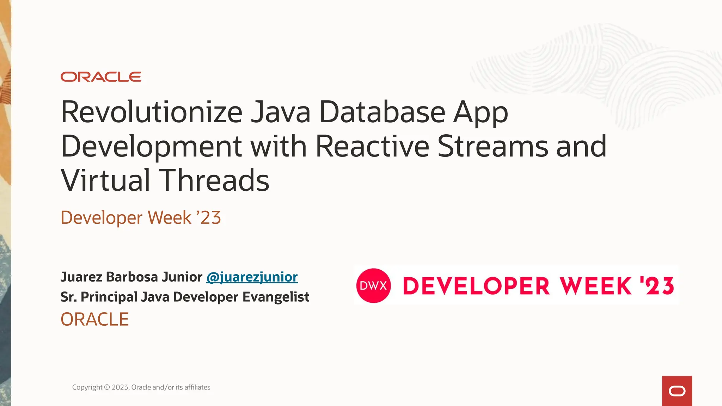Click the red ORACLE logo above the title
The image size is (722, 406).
click(101, 77)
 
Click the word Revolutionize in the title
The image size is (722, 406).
click(152, 112)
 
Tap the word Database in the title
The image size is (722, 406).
click(382, 112)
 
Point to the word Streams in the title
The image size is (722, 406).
click(493, 146)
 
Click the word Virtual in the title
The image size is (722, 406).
click(106, 180)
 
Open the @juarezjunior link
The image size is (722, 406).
click(252, 277)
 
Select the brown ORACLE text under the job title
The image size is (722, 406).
click(94, 319)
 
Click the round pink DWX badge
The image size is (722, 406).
click(373, 285)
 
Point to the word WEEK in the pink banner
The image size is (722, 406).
click(596, 286)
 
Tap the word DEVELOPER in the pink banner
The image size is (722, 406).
click(476, 286)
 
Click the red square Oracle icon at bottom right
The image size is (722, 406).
click(677, 391)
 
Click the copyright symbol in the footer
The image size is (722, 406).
click(107, 387)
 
